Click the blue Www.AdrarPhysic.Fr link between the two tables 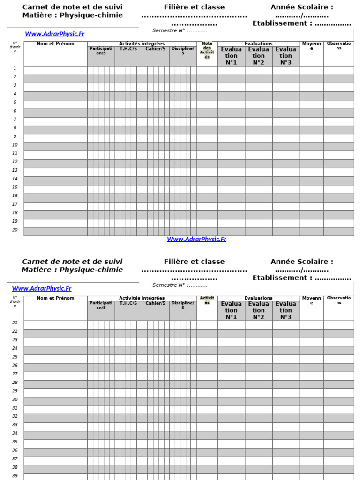click(x=196, y=240)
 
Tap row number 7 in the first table click(x=15, y=120)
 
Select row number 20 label click(x=15, y=230)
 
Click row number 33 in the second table click(x=15, y=425)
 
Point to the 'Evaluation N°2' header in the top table click(x=258, y=56)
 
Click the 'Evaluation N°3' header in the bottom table click(x=285, y=310)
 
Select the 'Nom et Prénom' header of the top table click(x=55, y=44)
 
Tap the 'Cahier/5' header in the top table click(x=155, y=49)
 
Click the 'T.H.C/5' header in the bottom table click(x=128, y=303)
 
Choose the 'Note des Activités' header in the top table click(x=207, y=51)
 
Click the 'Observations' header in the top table click(x=338, y=45)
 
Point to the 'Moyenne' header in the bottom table click(x=311, y=300)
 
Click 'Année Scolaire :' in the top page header click(x=302, y=7)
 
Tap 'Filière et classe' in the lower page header click(x=194, y=262)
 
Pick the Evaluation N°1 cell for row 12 click(x=231, y=162)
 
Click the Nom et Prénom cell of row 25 click(x=55, y=357)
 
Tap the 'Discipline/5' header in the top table click(x=183, y=51)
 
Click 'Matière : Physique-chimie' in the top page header click(x=72, y=15)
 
